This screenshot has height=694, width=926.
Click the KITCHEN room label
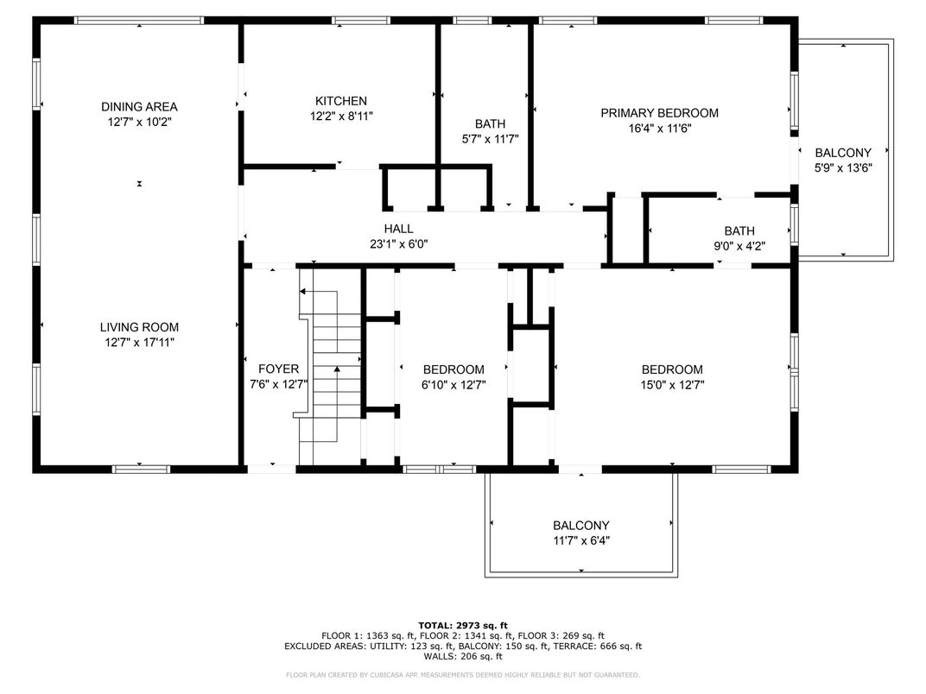click(x=340, y=101)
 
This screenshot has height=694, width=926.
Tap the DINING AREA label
click(x=139, y=107)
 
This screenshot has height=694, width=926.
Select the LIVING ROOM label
click(x=139, y=327)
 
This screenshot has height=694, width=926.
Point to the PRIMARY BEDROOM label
click(x=660, y=113)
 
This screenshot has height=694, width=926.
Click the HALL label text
click(x=398, y=229)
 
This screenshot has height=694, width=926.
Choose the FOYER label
click(x=279, y=369)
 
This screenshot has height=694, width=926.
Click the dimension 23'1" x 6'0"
click(x=398, y=243)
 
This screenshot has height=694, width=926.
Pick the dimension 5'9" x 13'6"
click(x=843, y=167)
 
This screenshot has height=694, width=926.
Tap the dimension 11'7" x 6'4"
click(x=581, y=540)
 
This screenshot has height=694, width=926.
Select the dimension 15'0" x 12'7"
click(x=672, y=385)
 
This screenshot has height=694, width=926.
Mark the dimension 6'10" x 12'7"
click(x=453, y=385)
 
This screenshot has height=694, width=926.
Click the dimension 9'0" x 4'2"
click(x=739, y=246)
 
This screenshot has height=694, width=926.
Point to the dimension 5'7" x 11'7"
click(x=490, y=139)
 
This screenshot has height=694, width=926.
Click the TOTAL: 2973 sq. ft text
click(x=463, y=626)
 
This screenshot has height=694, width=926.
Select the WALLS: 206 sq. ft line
click(x=463, y=656)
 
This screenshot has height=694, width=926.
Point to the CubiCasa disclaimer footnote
click(x=463, y=674)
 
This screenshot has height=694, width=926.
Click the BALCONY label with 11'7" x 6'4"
click(x=581, y=525)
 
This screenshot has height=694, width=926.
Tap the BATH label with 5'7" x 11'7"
click(x=490, y=124)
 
